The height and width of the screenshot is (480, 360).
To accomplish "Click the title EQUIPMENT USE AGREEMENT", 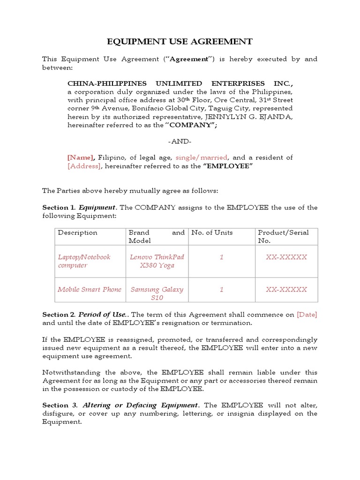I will (180, 42).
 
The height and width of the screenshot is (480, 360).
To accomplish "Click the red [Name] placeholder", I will (81, 157).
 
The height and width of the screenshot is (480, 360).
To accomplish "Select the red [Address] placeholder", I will (84, 166).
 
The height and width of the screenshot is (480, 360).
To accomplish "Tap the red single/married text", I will (201, 157).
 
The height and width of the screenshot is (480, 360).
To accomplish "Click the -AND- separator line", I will (180, 142).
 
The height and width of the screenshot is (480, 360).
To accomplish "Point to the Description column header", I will (77, 233).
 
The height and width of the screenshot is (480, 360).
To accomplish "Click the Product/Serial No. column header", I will (283, 236).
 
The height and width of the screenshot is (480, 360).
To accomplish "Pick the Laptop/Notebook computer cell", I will (84, 261).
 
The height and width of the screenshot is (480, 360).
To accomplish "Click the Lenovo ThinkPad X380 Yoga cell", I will (157, 261).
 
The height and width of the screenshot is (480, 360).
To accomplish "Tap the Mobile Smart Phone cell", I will (89, 289).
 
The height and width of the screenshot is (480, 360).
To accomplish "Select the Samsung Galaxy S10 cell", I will (157, 293).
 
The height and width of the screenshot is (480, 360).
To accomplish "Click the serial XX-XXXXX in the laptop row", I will (286, 257).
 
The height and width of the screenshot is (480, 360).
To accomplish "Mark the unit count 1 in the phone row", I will (221, 289).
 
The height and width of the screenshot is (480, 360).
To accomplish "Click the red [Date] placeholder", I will (307, 315).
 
